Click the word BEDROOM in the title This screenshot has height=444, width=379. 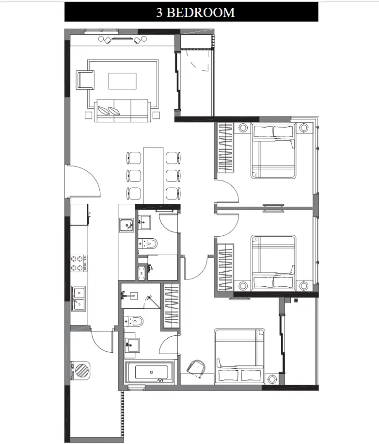click(201, 13)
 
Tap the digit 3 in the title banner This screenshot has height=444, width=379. click(159, 13)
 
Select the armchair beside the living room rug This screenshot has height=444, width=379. click(85, 80)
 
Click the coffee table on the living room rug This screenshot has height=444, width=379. click(123, 81)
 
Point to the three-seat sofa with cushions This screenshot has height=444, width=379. click(122, 111)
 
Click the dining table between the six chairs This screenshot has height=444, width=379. click(153, 175)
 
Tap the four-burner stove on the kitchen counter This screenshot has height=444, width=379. click(79, 263)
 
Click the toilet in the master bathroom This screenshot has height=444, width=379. click(134, 321)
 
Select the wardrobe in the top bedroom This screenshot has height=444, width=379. click(226, 148)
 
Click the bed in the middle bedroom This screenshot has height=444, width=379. click(273, 263)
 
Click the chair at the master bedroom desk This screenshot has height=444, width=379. click(196, 369)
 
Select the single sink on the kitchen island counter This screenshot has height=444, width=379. click(126, 225)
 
